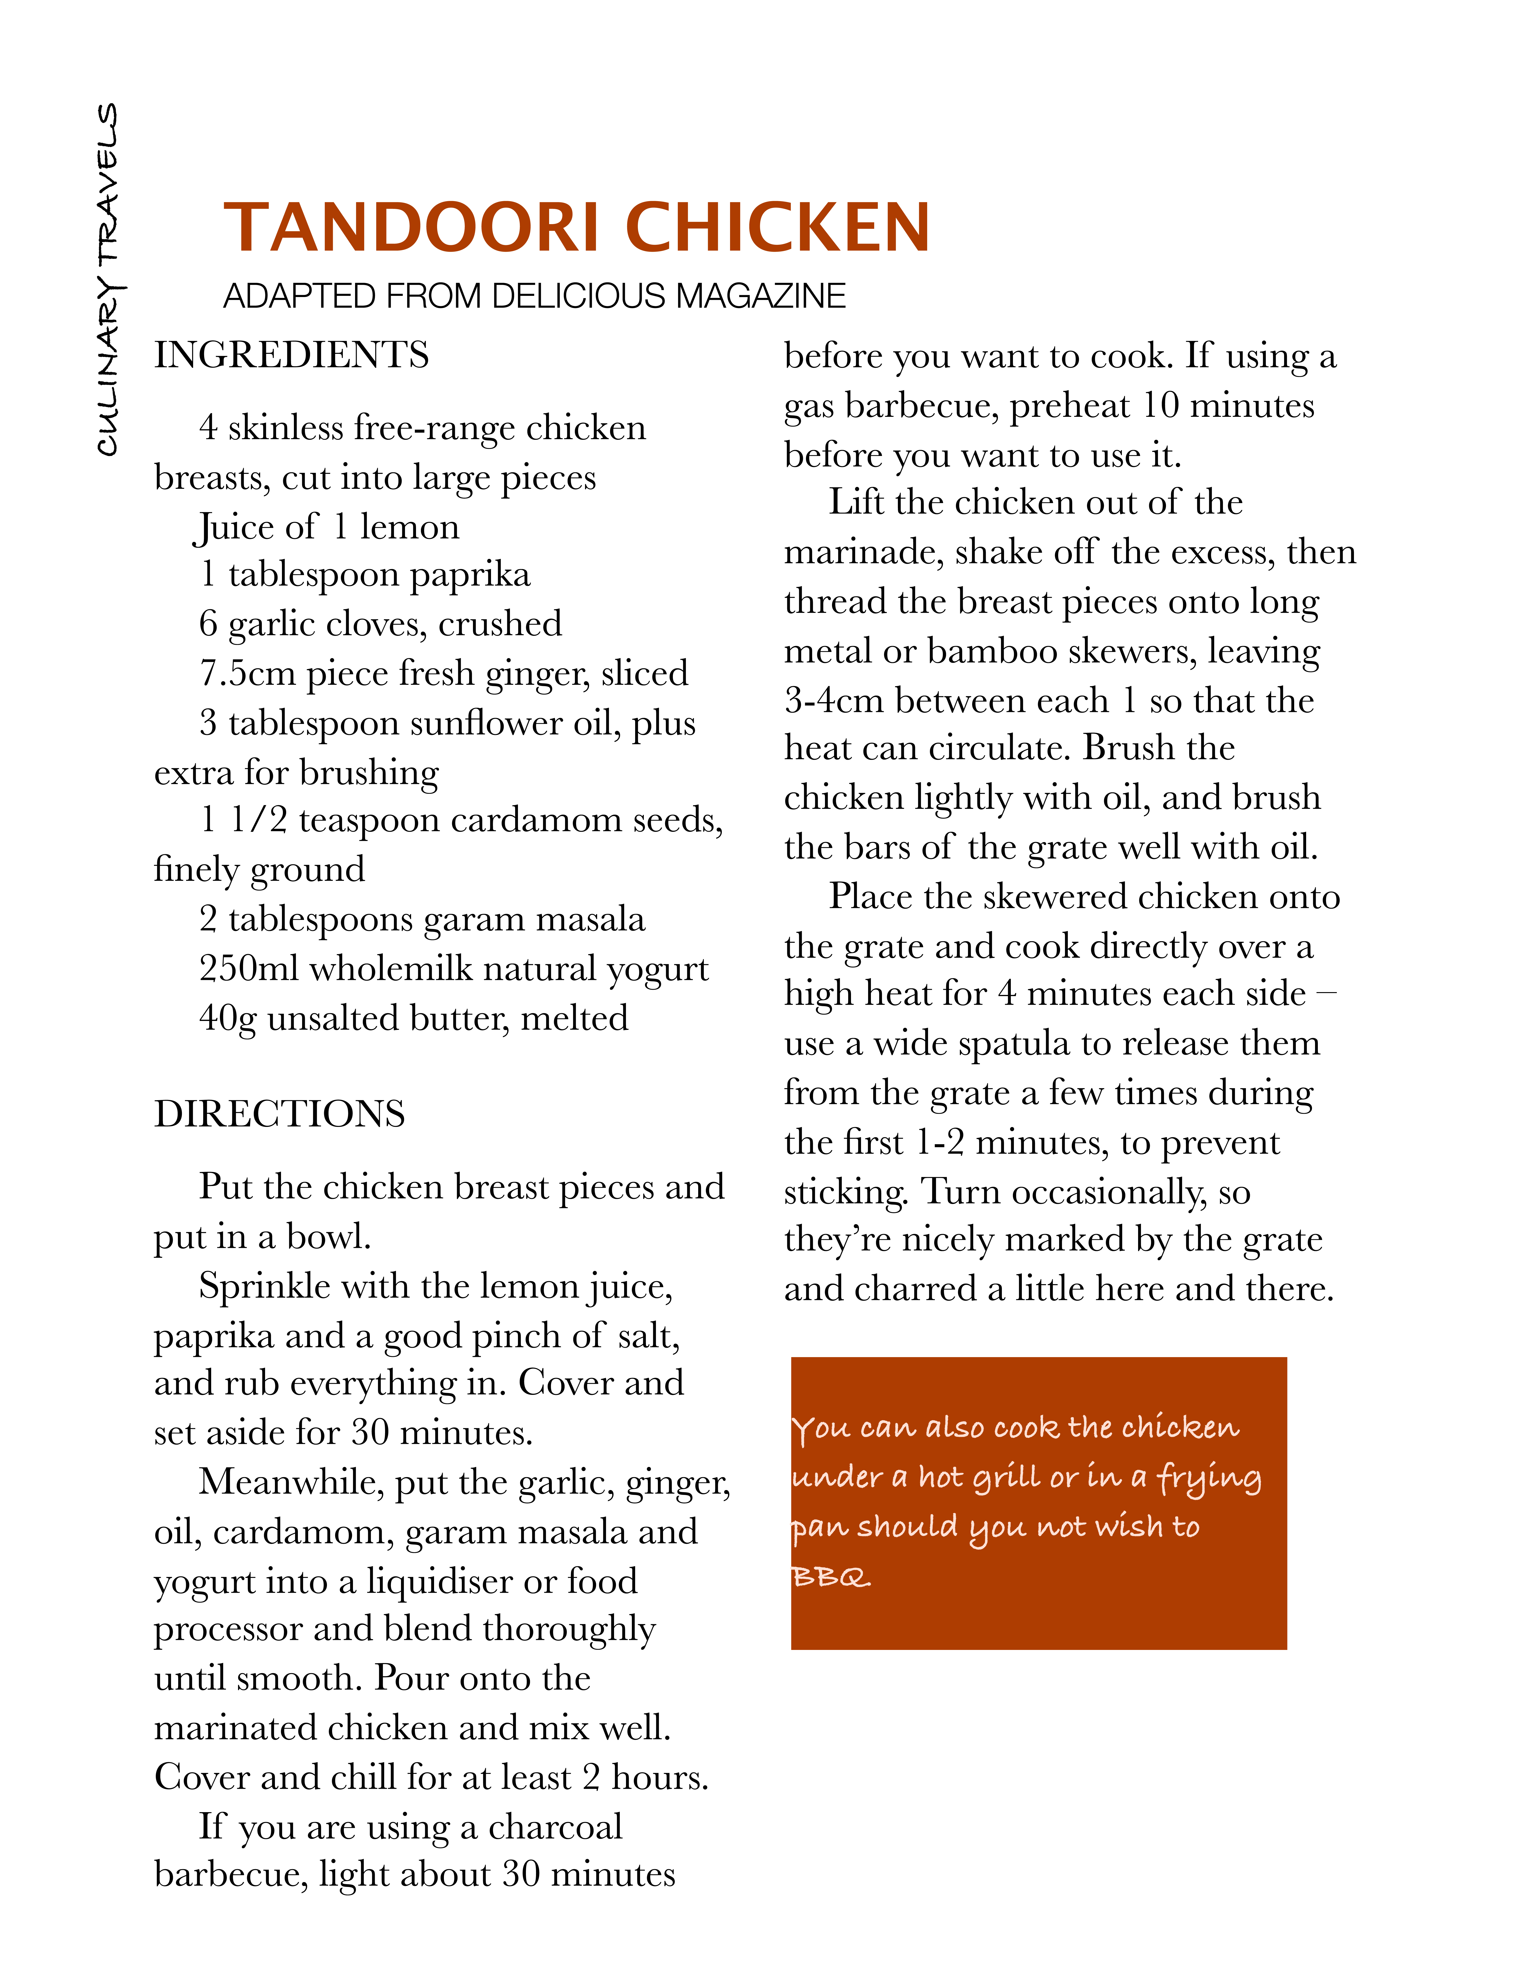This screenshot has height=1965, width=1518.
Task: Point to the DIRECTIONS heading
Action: (280, 1114)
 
